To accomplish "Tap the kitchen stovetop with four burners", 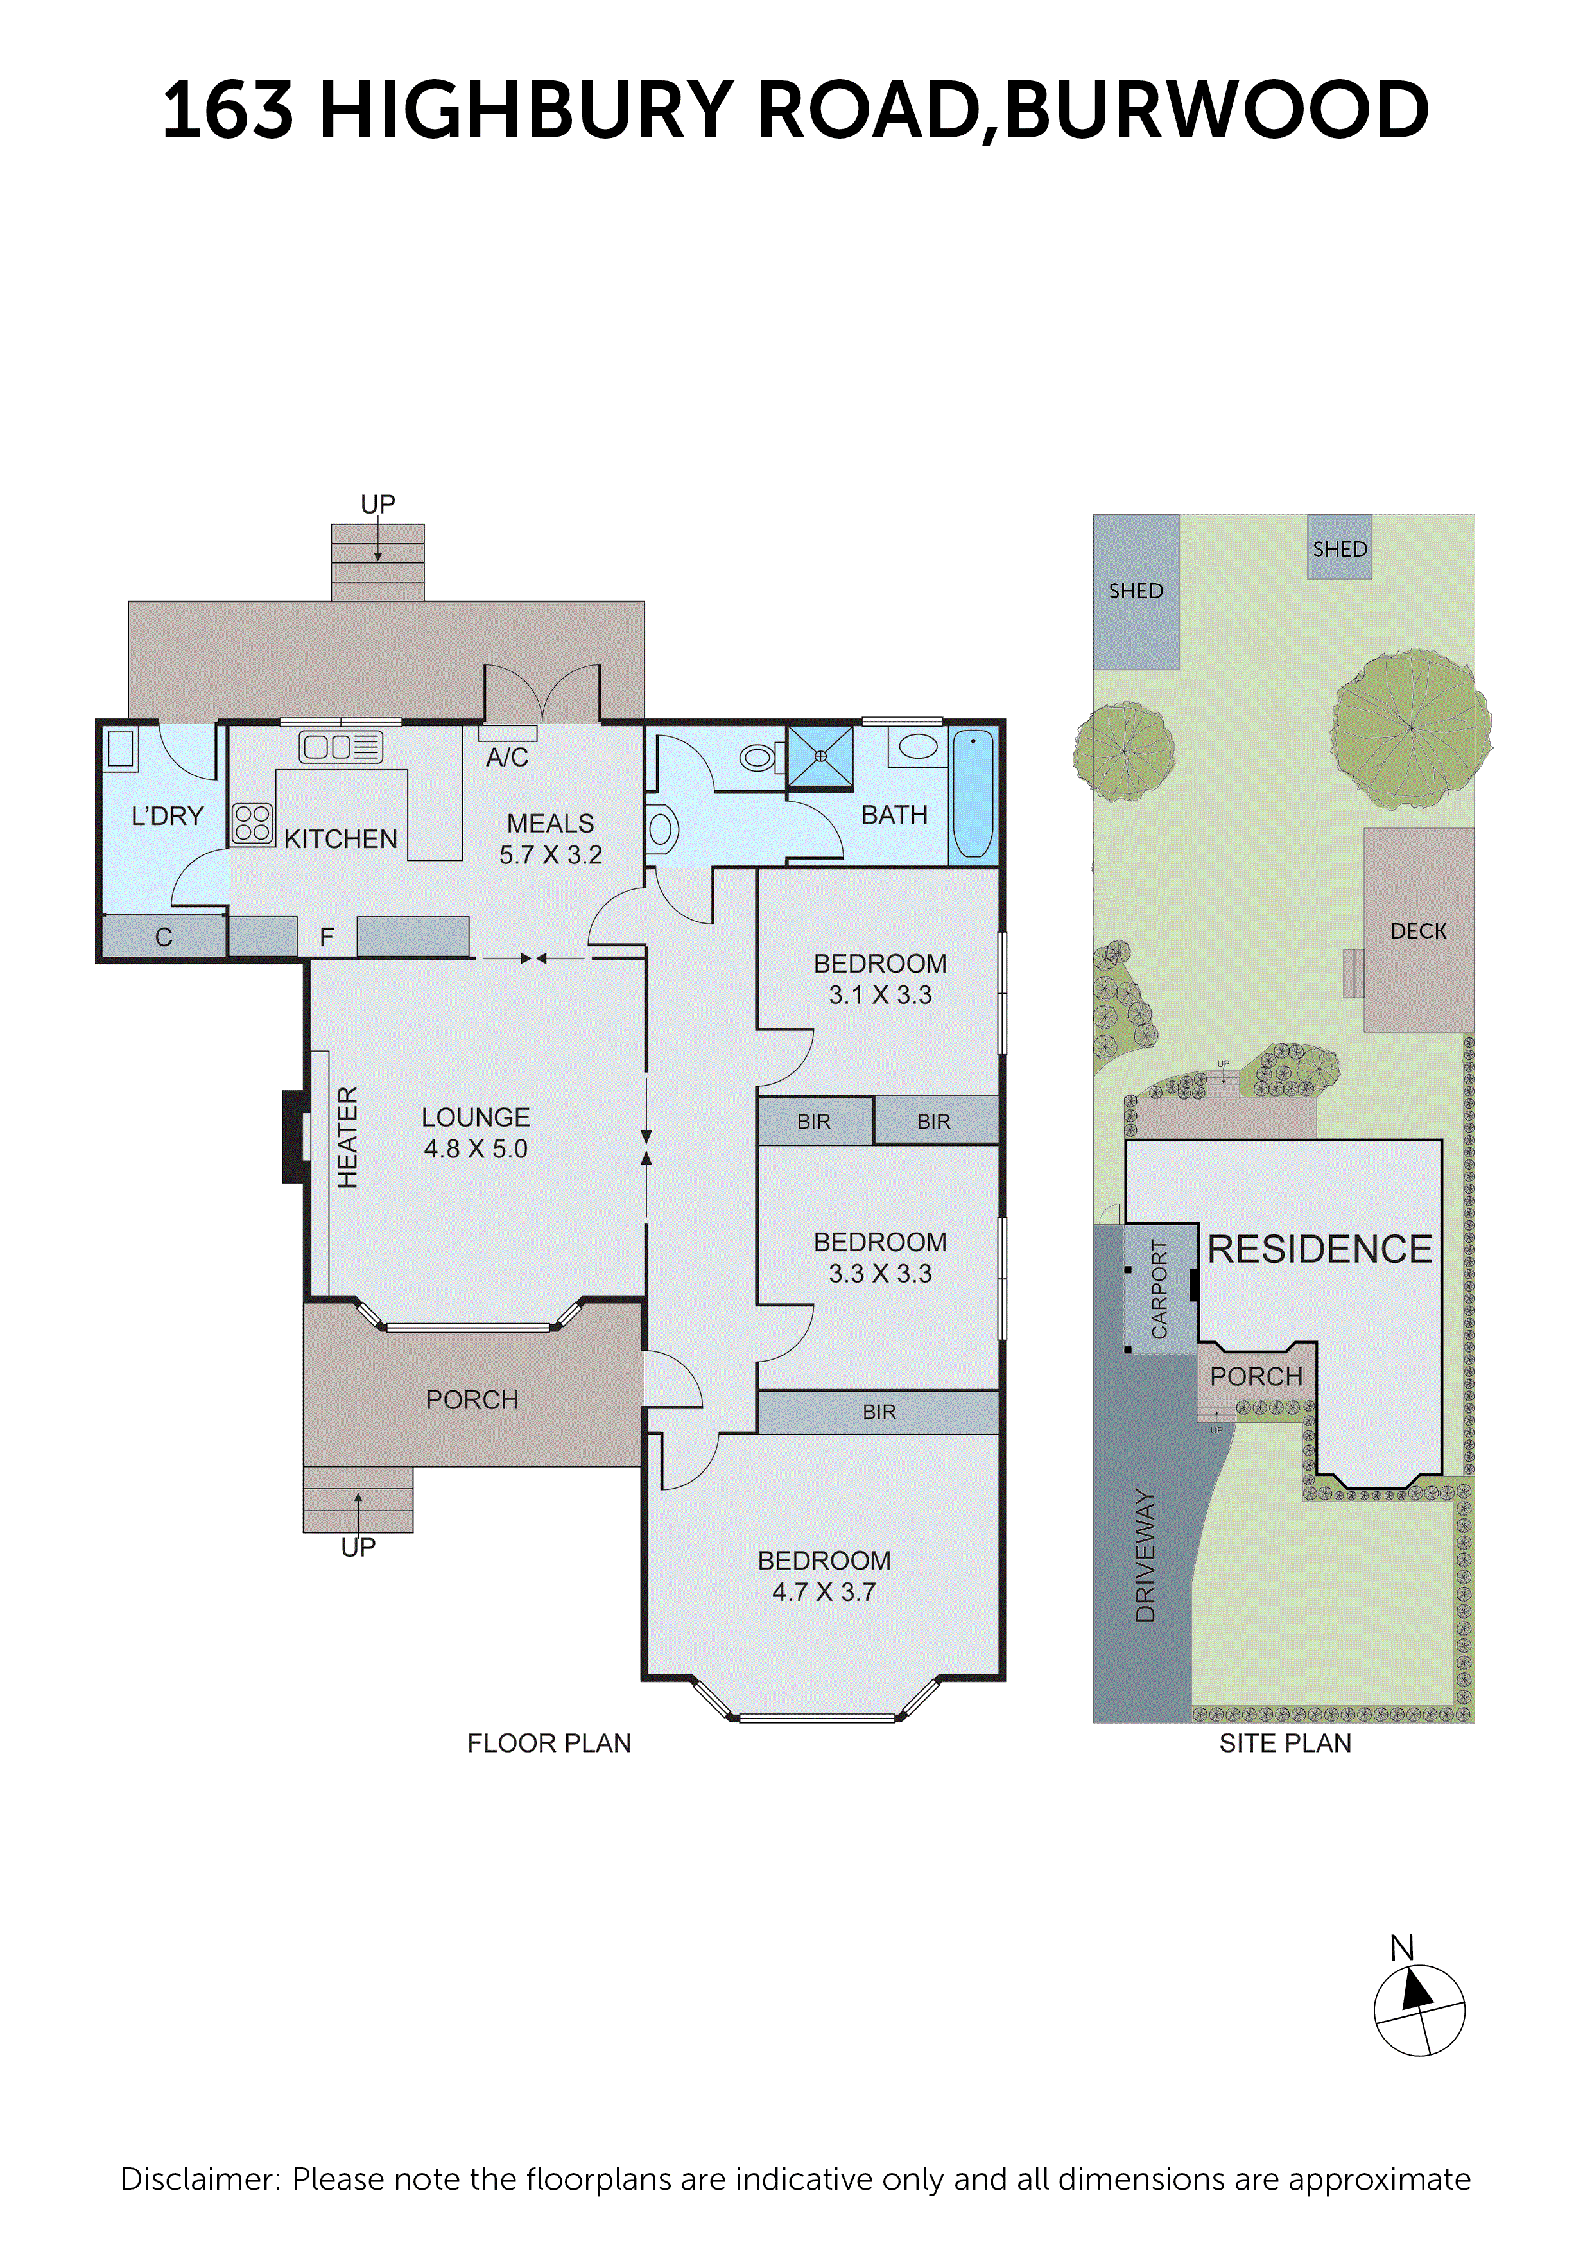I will (252, 824).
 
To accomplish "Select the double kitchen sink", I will (340, 747).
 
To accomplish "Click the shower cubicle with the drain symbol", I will (820, 756).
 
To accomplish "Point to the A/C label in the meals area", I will (507, 758).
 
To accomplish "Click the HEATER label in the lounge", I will (347, 1137).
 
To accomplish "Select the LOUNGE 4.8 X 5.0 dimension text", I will (476, 1133).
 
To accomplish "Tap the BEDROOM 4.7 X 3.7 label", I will (824, 1575).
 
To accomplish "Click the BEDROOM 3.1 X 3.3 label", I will (880, 979).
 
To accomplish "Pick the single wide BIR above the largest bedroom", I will (879, 1412).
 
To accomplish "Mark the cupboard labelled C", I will (164, 937).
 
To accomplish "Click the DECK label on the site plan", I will (1419, 931).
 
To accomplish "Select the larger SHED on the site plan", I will (1136, 591).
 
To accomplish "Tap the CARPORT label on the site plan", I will (1159, 1289).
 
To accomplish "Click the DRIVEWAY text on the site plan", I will (1145, 1555).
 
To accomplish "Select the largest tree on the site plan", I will (1410, 728).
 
